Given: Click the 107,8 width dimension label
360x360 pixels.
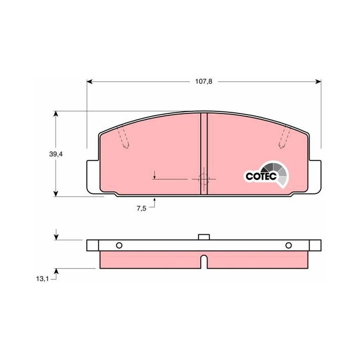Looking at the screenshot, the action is tap(204, 81).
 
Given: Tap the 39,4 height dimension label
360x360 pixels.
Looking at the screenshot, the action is tap(56, 154).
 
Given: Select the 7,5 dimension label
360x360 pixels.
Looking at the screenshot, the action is tap(141, 208).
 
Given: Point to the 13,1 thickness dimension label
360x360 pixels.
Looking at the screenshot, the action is tap(42, 279).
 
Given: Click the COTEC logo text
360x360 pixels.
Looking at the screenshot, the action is tap(261, 176).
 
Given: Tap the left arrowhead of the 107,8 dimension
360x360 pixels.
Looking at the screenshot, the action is tap(90, 81).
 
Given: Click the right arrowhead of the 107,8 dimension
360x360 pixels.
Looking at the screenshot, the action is tap(318, 81).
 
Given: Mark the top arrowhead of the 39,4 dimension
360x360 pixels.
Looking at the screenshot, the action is tap(56, 114).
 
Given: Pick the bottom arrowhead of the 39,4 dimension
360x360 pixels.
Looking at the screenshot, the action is tap(56, 194).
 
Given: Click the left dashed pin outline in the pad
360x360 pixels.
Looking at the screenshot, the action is tap(123, 137).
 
